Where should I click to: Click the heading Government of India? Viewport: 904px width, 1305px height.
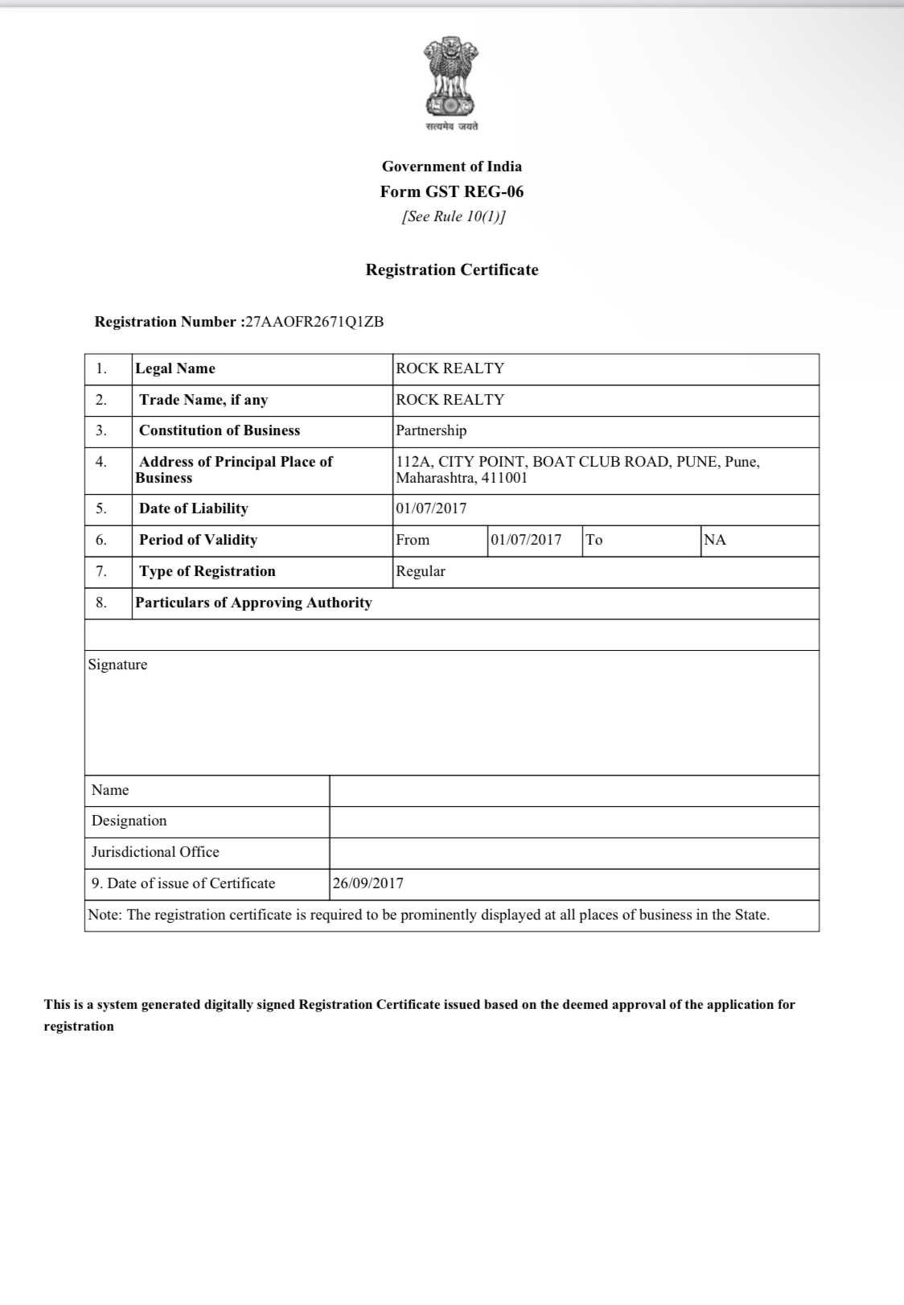pyautogui.click(x=451, y=167)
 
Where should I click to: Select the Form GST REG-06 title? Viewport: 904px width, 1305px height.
pyautogui.click(x=451, y=191)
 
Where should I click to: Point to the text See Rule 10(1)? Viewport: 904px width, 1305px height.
pyautogui.click(x=453, y=216)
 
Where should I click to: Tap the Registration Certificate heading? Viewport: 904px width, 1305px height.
pyautogui.click(x=451, y=270)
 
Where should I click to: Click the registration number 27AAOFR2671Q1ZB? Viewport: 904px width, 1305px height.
pyautogui.click(x=314, y=322)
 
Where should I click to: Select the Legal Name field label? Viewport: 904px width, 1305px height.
pyautogui.click(x=175, y=368)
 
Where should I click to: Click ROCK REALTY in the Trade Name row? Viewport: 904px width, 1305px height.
pyautogui.click(x=450, y=400)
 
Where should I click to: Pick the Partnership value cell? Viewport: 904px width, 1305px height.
pyautogui.click(x=431, y=430)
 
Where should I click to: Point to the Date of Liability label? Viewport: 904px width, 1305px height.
pyautogui.click(x=193, y=508)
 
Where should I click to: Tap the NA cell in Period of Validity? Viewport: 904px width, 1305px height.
pyautogui.click(x=715, y=540)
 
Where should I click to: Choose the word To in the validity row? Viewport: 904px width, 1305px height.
pyautogui.click(x=594, y=540)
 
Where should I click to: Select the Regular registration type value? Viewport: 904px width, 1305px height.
pyautogui.click(x=420, y=571)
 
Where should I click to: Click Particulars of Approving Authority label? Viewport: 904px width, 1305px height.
pyautogui.click(x=253, y=603)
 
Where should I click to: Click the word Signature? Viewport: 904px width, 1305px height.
pyautogui.click(x=117, y=665)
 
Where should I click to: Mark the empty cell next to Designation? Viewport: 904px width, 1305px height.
pyautogui.click(x=573, y=821)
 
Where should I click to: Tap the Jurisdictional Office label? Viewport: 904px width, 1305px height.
pyautogui.click(x=155, y=852)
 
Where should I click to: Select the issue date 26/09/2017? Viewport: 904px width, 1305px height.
pyautogui.click(x=368, y=883)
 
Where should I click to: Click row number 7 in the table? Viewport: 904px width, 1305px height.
pyautogui.click(x=101, y=571)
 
